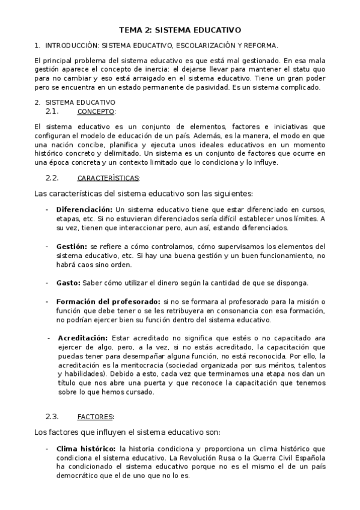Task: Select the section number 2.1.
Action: click(52, 111)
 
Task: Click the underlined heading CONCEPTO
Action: click(96, 112)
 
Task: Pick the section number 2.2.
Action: click(52, 177)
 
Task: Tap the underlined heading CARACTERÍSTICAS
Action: click(108, 178)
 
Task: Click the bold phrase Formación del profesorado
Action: click(108, 301)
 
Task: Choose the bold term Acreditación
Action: click(82, 337)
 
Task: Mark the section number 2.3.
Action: click(52, 416)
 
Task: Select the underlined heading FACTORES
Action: click(96, 417)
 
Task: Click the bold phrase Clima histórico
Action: click(86, 448)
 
